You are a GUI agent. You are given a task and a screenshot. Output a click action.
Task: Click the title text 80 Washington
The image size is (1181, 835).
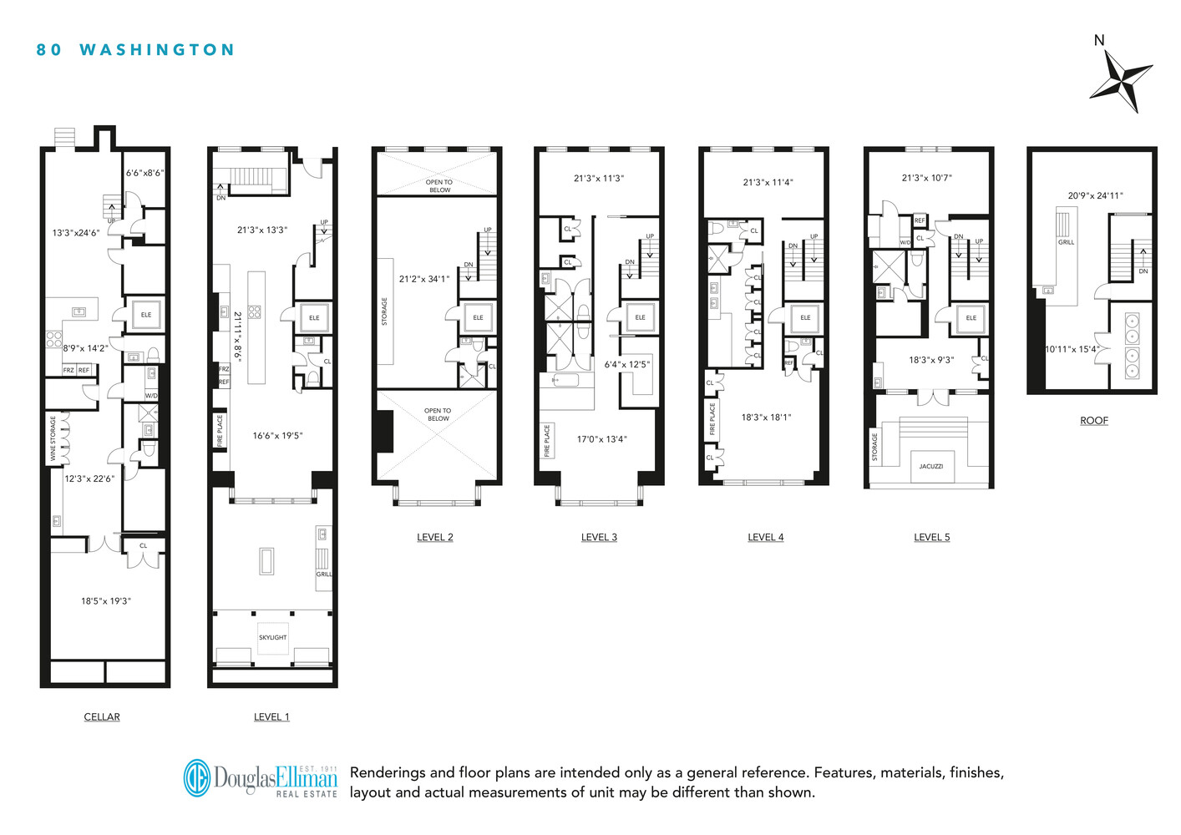click(x=135, y=50)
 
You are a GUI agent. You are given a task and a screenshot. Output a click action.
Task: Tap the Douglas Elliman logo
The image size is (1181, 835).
click(x=261, y=778)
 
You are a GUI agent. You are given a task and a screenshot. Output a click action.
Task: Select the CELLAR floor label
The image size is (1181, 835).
click(x=102, y=716)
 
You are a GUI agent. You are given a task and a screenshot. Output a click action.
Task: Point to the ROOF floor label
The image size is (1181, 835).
click(x=1093, y=421)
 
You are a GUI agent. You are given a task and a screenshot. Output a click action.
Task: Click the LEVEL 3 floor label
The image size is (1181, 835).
click(x=599, y=537)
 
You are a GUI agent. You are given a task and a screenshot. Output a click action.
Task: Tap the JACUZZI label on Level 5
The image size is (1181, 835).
click(x=930, y=466)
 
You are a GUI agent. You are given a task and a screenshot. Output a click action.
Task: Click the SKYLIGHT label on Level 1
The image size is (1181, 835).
click(x=272, y=637)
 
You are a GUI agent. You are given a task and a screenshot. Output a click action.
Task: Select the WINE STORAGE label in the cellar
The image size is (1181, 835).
click(x=53, y=438)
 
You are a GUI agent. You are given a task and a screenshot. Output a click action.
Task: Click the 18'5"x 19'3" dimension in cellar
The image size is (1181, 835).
click(x=106, y=600)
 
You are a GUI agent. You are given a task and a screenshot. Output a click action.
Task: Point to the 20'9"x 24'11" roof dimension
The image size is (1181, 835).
click(x=1095, y=195)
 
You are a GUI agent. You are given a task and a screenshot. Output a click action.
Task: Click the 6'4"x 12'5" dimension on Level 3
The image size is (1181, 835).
click(x=626, y=364)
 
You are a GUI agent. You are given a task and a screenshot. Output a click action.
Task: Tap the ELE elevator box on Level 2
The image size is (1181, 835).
click(x=478, y=317)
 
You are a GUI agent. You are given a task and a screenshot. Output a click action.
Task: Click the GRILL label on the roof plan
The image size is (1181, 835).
click(x=1066, y=242)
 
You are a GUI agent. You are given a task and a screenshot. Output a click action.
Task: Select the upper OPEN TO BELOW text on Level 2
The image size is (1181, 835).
click(x=438, y=185)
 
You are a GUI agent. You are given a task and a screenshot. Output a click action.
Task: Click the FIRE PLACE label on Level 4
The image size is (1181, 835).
click(x=712, y=418)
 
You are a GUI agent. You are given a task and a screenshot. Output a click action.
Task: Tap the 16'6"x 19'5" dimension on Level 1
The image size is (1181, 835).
click(x=277, y=435)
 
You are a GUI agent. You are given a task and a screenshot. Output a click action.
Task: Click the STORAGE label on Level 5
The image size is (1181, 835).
click(x=875, y=446)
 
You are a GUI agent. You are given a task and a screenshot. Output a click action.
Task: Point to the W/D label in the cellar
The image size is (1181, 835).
click(x=151, y=395)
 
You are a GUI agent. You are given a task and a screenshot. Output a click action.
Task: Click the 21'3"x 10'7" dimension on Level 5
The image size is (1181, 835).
click(x=926, y=178)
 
